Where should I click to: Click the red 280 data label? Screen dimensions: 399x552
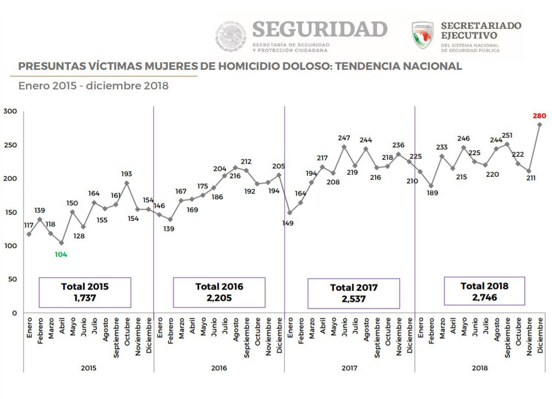point(539,116)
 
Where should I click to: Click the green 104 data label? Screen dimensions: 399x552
point(61,254)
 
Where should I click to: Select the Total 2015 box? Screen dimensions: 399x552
point(85,292)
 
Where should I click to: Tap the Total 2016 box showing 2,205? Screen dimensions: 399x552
point(219,292)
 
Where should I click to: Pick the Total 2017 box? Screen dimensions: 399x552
point(354,293)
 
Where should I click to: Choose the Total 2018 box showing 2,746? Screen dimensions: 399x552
point(484,291)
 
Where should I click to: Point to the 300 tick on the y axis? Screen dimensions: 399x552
point(10,111)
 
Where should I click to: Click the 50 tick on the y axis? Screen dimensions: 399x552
point(13,279)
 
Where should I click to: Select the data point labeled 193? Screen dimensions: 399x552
point(127,183)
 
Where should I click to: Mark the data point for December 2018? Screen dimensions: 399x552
point(539,124)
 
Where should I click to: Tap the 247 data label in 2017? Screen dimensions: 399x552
point(344,138)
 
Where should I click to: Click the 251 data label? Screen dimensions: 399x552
point(507,136)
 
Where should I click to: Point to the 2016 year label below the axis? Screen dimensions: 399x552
point(219,368)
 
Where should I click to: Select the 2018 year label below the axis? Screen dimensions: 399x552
point(480,368)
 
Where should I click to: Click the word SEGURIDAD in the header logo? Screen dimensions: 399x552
point(320,29)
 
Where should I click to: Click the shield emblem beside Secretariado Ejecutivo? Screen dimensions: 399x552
point(423,35)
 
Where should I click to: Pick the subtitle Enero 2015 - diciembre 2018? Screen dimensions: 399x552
point(93,86)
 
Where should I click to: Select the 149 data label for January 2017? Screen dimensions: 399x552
point(288,223)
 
